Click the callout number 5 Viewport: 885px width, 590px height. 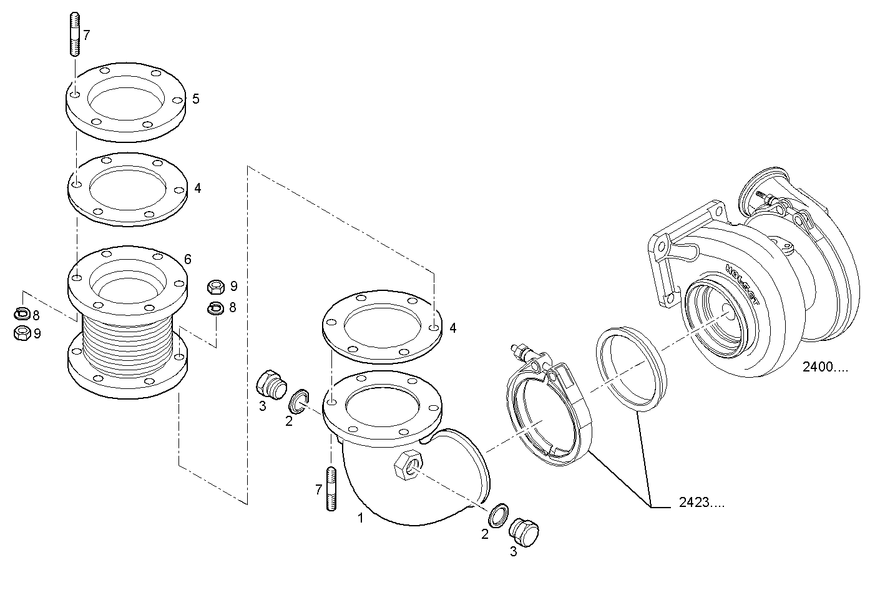pyautogui.click(x=195, y=99)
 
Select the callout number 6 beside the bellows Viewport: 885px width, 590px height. pyautogui.click(x=187, y=258)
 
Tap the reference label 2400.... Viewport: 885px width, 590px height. pyautogui.click(x=825, y=367)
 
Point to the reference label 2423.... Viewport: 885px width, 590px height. pyautogui.click(x=702, y=502)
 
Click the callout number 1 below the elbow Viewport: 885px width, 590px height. pyautogui.click(x=360, y=517)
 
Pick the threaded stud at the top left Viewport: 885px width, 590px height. pyautogui.click(x=74, y=35)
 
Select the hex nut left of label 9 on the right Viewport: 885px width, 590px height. pyautogui.click(x=216, y=287)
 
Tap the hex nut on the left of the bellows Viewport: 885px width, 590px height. pyautogui.click(x=22, y=332)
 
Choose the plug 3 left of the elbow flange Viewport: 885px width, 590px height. pyautogui.click(x=270, y=383)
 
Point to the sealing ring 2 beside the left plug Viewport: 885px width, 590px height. pyautogui.click(x=298, y=400)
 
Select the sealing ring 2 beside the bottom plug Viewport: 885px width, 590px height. pyautogui.click(x=497, y=516)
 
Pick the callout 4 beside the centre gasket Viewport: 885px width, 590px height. pyautogui.click(x=452, y=328)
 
